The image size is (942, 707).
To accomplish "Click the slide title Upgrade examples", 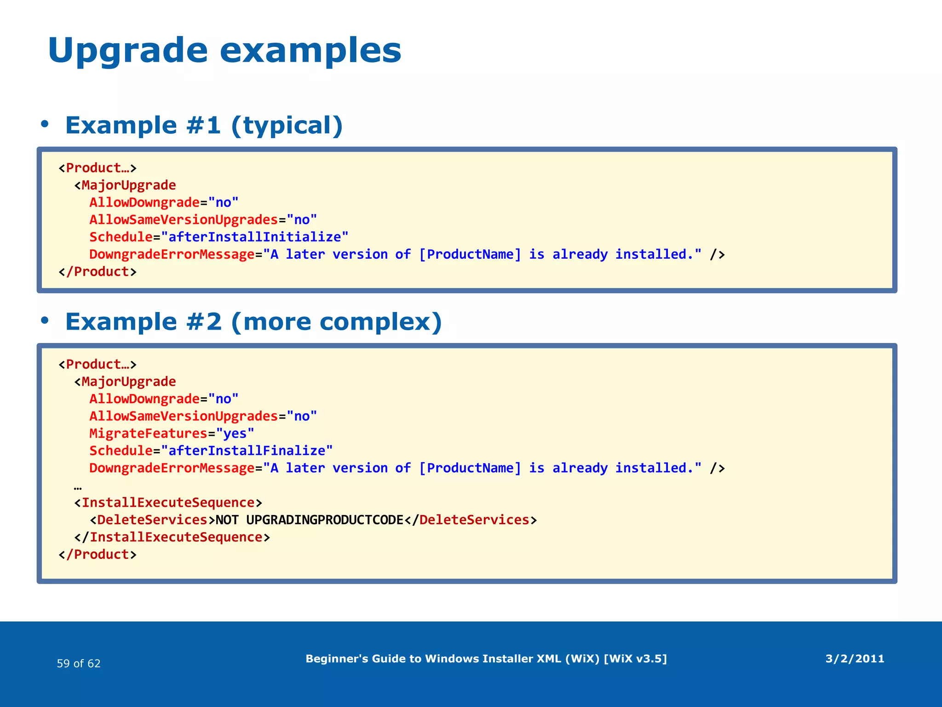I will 224,51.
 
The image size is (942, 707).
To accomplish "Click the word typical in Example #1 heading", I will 287,126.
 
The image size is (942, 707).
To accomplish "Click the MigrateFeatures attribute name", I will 148,434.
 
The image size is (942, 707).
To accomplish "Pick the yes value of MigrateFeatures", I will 235,434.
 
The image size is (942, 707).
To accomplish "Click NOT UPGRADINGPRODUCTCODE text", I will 309,520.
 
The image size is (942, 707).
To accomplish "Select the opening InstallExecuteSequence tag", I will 168,503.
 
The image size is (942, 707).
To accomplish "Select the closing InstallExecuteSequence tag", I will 172,537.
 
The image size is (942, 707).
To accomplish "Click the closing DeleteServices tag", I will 471,520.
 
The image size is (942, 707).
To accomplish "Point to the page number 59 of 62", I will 79,663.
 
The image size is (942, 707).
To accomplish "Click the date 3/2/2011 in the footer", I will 855,659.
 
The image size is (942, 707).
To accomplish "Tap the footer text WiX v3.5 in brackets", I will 635,659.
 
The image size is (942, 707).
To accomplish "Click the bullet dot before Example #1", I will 44,124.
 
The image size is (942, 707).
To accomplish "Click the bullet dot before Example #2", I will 44,320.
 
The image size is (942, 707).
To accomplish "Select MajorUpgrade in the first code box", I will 128,185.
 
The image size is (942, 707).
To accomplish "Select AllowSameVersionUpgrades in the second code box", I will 184,417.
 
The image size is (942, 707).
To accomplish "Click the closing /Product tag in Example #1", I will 98,272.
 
